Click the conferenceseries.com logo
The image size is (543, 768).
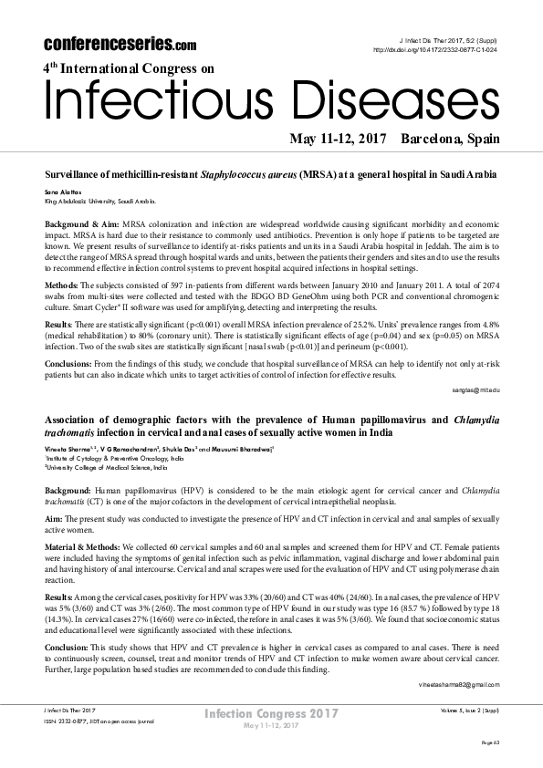pyautogui.click(x=120, y=43)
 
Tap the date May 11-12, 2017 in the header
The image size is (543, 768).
pyautogui.click(x=339, y=139)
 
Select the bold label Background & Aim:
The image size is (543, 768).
pyautogui.click(x=80, y=223)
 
